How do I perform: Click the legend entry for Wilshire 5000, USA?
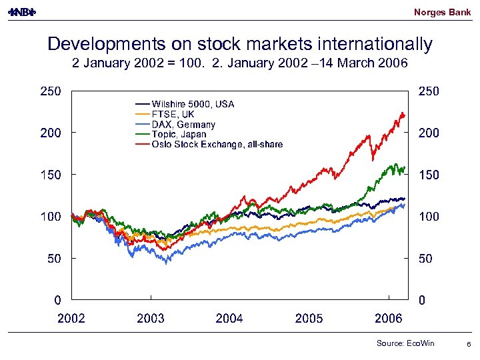193,104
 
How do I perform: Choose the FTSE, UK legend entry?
173,114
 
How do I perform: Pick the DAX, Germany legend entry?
183,124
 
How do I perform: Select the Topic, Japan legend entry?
179,134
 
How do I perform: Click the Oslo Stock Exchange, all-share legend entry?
217,144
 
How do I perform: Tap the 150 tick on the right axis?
429,175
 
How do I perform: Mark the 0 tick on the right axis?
421,300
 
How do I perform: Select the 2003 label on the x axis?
151,318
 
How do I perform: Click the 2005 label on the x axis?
309,318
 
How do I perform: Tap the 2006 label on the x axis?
389,318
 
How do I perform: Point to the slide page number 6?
469,343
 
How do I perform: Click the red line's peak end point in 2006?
403,114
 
